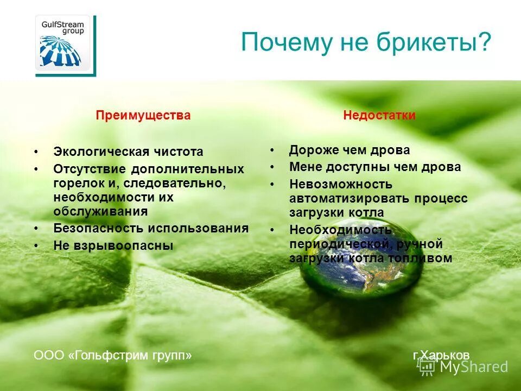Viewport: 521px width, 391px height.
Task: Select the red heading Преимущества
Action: point(143,115)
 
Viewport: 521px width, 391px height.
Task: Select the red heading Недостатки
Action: point(379,115)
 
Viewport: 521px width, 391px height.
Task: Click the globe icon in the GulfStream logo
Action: point(60,50)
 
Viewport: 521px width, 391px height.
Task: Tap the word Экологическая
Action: point(100,152)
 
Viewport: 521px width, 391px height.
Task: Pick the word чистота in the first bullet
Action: point(178,152)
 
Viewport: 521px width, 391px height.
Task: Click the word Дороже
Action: point(313,150)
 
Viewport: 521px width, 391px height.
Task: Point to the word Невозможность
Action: point(340,184)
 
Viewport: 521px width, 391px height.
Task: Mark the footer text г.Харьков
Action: point(441,355)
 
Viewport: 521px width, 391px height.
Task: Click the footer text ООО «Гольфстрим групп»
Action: point(113,355)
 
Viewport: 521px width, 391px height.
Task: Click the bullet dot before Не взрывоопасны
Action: point(36,246)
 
